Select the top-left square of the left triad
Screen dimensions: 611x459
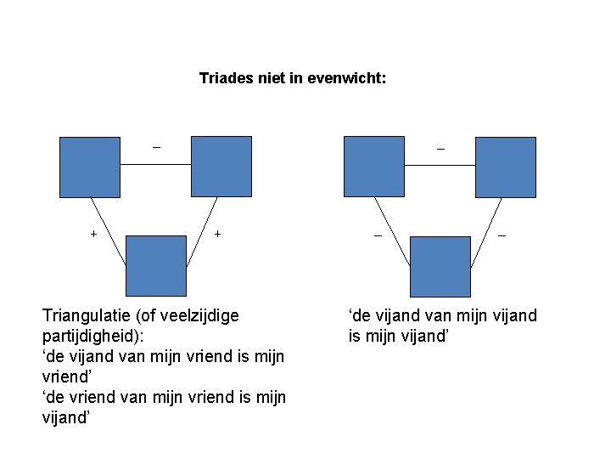tap(90, 167)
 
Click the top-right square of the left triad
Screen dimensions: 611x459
tap(221, 167)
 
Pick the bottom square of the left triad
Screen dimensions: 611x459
tap(155, 266)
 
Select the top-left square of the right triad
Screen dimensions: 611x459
tap(374, 167)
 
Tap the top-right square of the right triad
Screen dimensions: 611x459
tap(506, 167)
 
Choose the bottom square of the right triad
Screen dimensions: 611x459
tap(440, 266)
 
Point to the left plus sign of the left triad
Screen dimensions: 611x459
tap(93, 233)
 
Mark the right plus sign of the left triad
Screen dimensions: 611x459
tap(218, 233)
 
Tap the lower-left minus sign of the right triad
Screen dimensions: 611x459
tap(378, 235)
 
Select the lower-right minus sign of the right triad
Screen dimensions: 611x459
tap(502, 235)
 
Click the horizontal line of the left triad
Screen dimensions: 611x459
tap(155, 165)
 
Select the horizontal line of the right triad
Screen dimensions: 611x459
tap(440, 165)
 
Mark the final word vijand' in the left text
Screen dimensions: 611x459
tap(67, 417)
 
